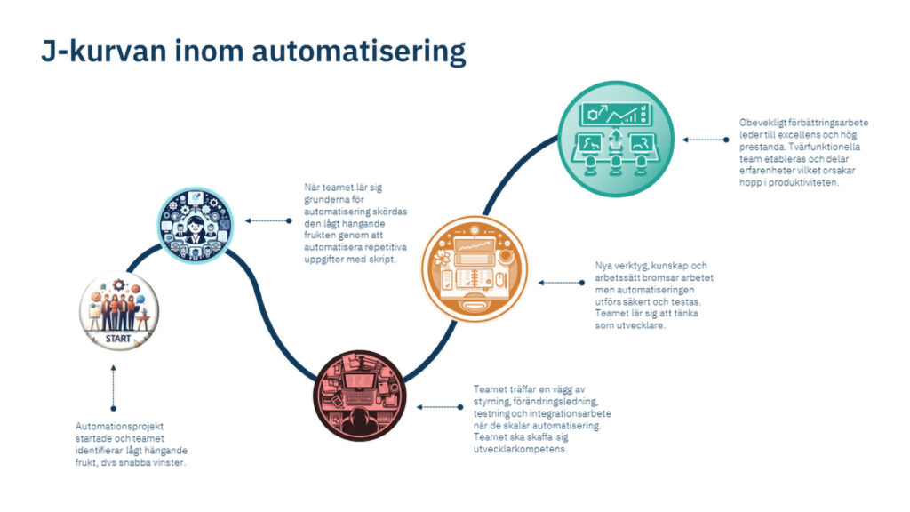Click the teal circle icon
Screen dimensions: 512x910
615,140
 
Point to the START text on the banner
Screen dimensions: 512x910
117,338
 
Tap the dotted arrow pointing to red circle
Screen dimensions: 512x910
438,407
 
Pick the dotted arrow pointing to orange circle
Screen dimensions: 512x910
561,283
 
